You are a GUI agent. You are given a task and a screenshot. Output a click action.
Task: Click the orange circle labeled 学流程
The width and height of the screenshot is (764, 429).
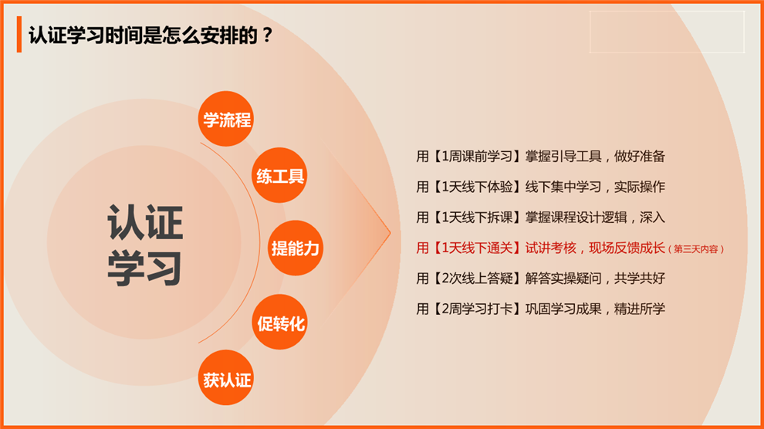(x=225, y=119)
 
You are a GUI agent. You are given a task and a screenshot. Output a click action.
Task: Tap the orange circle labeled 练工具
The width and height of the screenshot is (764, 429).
(x=279, y=175)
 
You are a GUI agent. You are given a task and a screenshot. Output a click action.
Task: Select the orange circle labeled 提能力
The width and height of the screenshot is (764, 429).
(x=296, y=248)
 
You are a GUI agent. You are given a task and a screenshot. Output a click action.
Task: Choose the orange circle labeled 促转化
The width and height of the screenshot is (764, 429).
(x=279, y=322)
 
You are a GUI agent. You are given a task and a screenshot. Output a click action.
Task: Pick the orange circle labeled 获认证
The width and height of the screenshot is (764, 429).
(x=225, y=377)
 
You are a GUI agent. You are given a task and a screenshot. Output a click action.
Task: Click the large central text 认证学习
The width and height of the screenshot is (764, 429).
(x=145, y=245)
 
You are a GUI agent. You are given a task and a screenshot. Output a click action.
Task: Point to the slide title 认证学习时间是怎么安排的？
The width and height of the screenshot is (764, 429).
(x=150, y=35)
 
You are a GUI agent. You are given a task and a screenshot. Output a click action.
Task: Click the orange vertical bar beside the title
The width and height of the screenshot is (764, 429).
(x=19, y=34)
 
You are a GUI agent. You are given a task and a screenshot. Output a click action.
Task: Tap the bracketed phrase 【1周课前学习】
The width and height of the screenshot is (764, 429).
(x=475, y=157)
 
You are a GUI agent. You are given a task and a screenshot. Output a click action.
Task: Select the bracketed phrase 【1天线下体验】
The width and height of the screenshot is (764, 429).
(x=475, y=187)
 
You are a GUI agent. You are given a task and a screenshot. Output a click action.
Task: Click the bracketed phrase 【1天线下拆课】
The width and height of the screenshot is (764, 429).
(x=475, y=217)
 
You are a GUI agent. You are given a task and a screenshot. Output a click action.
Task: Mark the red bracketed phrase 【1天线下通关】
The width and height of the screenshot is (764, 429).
(x=475, y=248)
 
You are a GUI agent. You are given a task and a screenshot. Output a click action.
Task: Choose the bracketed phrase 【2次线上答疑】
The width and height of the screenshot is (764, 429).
(x=475, y=278)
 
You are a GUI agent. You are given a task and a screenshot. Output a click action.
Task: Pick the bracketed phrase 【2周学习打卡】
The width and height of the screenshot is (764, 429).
(x=475, y=309)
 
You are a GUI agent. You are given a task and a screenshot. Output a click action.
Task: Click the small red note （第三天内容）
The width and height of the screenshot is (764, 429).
(x=696, y=249)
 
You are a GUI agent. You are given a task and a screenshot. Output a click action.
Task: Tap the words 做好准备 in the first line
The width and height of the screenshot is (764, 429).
(x=639, y=157)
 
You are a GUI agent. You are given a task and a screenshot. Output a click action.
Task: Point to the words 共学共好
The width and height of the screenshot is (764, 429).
(x=639, y=278)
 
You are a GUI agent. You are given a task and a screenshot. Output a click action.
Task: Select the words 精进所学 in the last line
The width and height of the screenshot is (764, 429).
(x=639, y=309)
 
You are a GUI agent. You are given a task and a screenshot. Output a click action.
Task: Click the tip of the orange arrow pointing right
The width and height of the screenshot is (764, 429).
(x=390, y=233)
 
